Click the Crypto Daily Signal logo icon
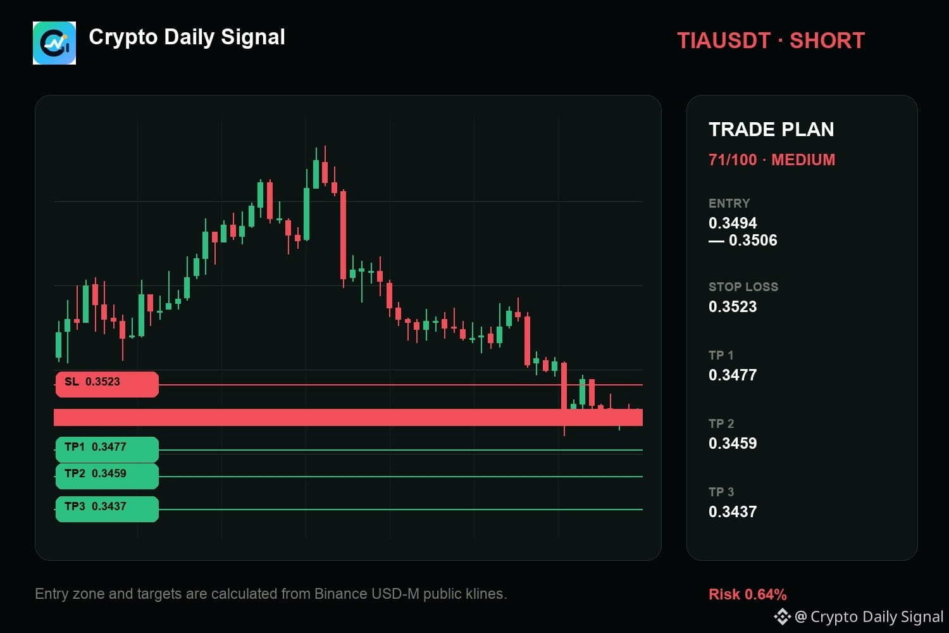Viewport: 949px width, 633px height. click(x=54, y=43)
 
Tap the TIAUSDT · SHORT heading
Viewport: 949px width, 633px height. click(x=771, y=41)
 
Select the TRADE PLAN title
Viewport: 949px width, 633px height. click(x=771, y=129)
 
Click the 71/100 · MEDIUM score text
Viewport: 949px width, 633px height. click(x=771, y=160)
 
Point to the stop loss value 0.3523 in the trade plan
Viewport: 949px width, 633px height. click(x=733, y=306)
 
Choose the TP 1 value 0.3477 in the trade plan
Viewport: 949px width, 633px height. click(x=733, y=375)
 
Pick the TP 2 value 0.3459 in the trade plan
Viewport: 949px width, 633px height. click(x=733, y=443)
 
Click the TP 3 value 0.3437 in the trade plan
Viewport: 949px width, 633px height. click(x=733, y=511)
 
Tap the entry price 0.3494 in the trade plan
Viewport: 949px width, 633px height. click(x=733, y=223)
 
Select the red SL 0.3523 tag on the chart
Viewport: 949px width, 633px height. click(x=107, y=384)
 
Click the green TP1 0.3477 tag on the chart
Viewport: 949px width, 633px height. click(x=107, y=449)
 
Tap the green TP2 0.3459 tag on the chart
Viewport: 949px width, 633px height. click(x=107, y=476)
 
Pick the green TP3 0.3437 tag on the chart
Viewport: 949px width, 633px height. click(x=107, y=509)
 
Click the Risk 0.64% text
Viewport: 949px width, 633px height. click(x=747, y=594)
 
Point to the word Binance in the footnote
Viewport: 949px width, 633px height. click(x=340, y=594)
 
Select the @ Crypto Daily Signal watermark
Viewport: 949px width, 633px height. click(x=859, y=617)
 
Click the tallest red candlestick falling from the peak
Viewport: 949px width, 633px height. click(x=343, y=235)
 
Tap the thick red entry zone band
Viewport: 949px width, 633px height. click(x=348, y=417)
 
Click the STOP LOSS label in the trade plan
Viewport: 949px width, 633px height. click(x=743, y=287)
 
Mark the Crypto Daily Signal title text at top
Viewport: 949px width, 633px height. click(x=187, y=37)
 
